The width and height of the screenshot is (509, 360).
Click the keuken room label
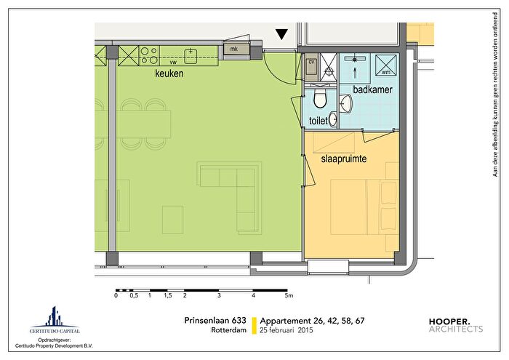tap(169, 73)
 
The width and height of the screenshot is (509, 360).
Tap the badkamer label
tap(372, 89)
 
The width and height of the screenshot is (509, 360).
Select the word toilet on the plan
tap(318, 121)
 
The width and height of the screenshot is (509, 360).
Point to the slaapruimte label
tap(344, 159)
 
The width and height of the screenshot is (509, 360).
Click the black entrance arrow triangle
tap(281, 34)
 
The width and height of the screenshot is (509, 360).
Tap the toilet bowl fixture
tap(320, 98)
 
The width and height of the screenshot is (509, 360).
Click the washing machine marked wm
tap(386, 65)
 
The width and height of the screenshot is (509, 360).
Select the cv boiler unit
tap(311, 67)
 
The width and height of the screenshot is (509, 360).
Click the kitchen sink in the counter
tap(191, 56)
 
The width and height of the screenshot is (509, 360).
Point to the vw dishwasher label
tap(173, 63)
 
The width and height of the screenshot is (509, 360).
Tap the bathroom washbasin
tap(346, 103)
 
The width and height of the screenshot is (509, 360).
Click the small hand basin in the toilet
tap(333, 119)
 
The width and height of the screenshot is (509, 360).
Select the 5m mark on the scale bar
tap(289, 295)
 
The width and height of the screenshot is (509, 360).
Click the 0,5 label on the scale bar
tap(134, 295)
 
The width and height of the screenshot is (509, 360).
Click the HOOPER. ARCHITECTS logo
tap(456, 325)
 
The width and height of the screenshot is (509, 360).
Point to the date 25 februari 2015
tap(286, 330)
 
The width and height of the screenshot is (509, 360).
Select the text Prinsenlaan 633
tap(215, 321)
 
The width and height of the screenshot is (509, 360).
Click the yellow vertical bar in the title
tap(254, 326)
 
